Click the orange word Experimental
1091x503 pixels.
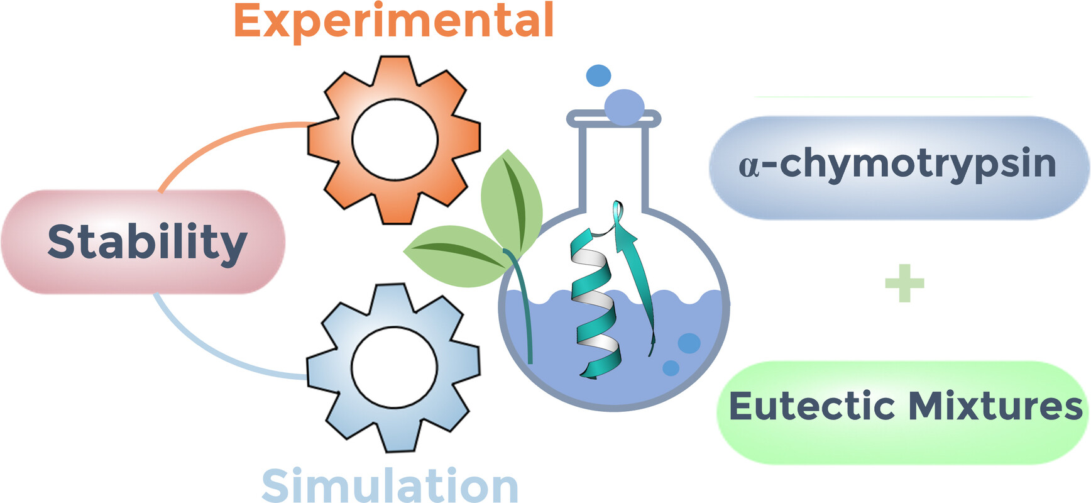(x=394, y=21)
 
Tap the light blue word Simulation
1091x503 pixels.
(x=390, y=485)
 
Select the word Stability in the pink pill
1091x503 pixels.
(x=147, y=242)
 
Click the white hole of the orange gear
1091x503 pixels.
(x=395, y=140)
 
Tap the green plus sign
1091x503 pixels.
(x=904, y=282)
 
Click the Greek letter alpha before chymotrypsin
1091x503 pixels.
(x=749, y=166)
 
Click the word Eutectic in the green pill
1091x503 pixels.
(x=811, y=406)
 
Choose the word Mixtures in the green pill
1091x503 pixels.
(x=996, y=406)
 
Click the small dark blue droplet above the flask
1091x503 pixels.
(x=598, y=75)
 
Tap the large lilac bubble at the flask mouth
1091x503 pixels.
(x=624, y=106)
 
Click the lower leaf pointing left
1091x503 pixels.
(x=457, y=256)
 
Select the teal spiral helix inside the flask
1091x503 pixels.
(x=595, y=304)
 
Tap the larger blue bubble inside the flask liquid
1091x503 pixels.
(x=689, y=343)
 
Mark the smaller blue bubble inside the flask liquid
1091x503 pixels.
(x=671, y=368)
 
